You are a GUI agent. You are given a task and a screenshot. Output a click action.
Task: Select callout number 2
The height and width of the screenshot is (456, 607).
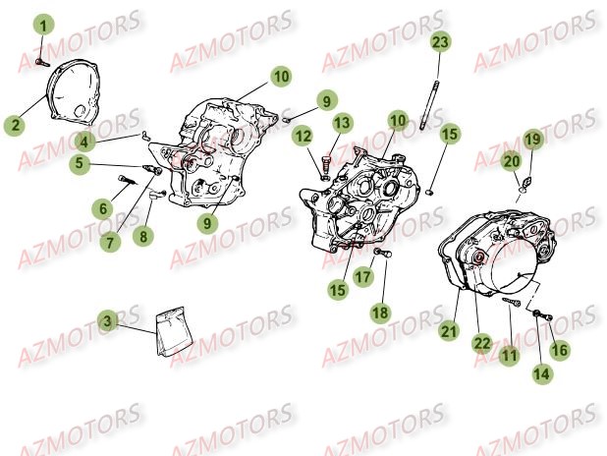(14, 126)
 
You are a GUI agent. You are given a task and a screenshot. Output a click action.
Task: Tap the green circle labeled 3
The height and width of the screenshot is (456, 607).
(109, 319)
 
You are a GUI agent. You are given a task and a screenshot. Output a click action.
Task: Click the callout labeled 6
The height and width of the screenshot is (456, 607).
(102, 208)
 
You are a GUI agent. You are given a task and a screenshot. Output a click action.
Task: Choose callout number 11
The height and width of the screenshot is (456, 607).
(508, 356)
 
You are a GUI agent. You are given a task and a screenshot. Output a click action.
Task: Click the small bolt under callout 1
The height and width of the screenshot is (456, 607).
(39, 60)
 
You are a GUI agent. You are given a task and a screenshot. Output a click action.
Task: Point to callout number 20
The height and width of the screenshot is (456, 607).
(512, 160)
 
